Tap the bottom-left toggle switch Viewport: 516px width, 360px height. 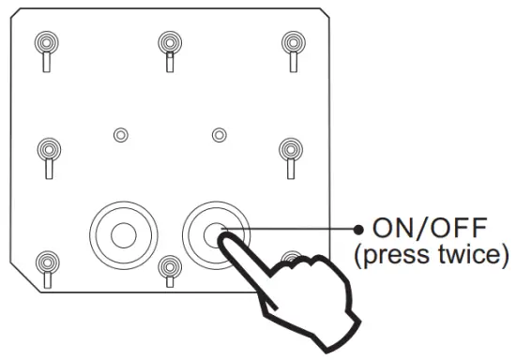pos(44,267)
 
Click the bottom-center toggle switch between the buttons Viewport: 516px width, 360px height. pos(168,272)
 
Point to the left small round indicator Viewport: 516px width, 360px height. pos(120,135)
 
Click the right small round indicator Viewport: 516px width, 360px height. pos(219,135)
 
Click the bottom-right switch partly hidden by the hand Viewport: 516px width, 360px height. pos(294,260)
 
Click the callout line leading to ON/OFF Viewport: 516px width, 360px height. pos(300,228)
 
